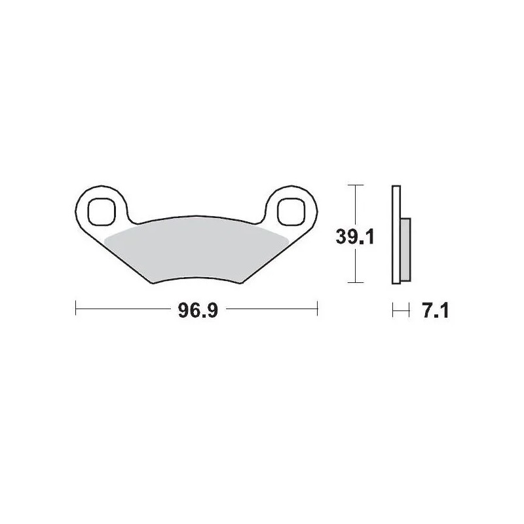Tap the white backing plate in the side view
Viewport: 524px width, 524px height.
coord(395,235)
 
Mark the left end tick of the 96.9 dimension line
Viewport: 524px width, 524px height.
coord(77,308)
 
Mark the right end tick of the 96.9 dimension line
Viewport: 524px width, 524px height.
coord(317,308)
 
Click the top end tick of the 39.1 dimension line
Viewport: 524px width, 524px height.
coord(354,186)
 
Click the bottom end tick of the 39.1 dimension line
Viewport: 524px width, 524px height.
coord(354,283)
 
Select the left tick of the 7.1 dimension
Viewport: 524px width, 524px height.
coord(392,309)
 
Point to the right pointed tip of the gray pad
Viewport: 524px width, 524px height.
coord(288,235)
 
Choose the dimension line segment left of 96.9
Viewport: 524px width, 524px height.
coord(124,308)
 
